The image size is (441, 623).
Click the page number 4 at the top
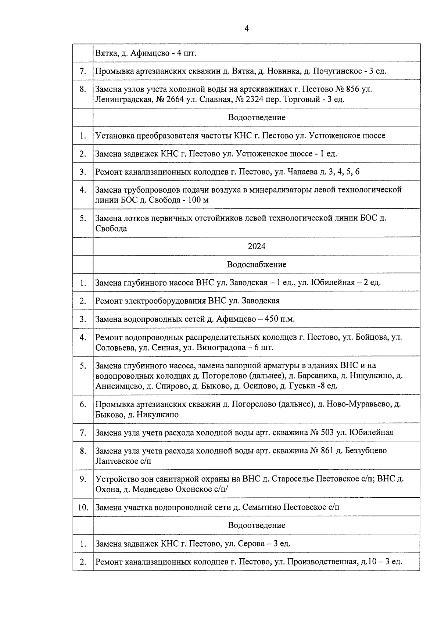(247, 28)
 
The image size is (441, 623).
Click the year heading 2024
(256, 246)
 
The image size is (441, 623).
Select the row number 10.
(83, 508)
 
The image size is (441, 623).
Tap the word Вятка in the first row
(106, 53)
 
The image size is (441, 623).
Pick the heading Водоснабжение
(256, 265)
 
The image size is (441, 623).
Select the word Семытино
(258, 508)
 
